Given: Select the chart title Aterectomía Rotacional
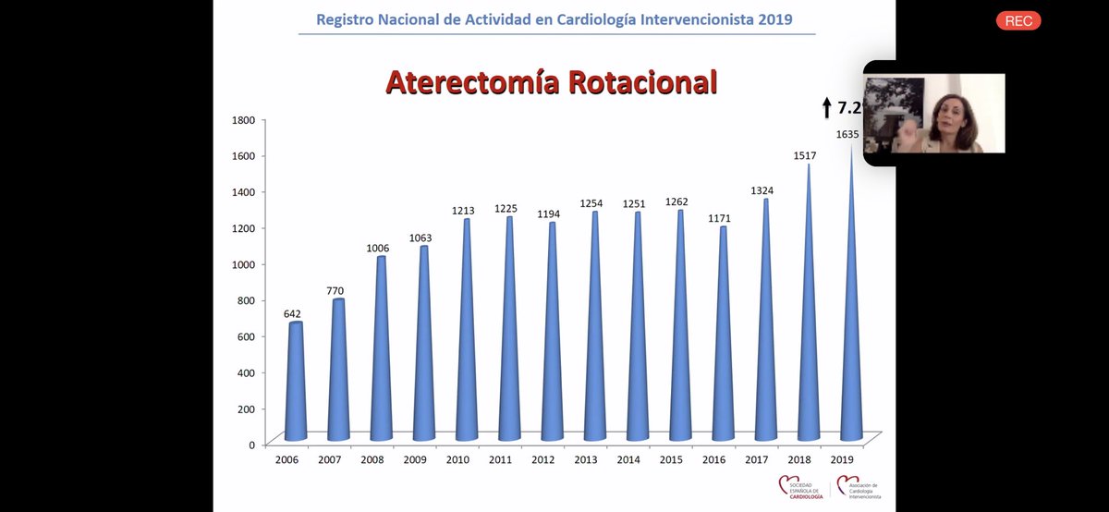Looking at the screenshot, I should click(551, 82).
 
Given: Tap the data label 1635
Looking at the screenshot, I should click(847, 134).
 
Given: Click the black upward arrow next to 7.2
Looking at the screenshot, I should click(826, 108).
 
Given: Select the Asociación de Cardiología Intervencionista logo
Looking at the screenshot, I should click(858, 488).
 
